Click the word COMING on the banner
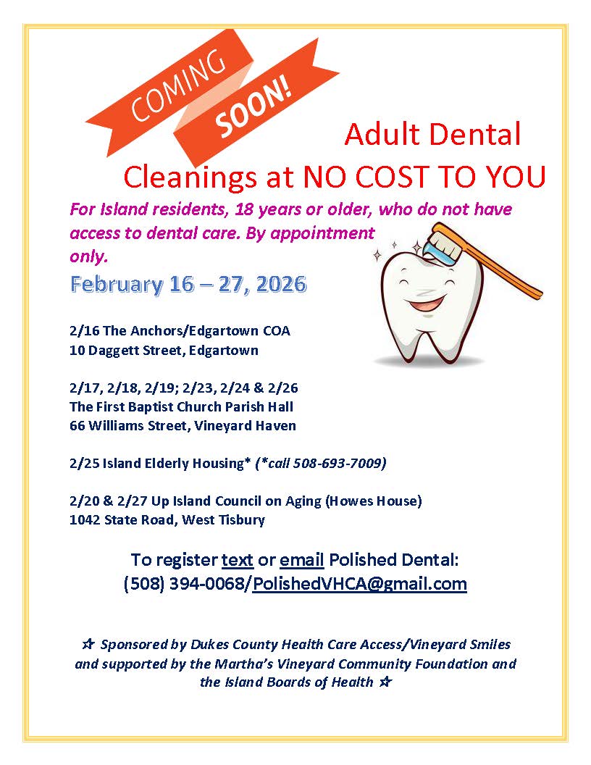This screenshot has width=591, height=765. pyautogui.click(x=177, y=86)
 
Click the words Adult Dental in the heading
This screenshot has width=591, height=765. pyautogui.click(x=433, y=135)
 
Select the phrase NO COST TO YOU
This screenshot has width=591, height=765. pyautogui.click(x=424, y=177)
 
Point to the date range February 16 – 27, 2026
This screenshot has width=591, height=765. pyautogui.click(x=189, y=284)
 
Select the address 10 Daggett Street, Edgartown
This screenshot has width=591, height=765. pyautogui.click(x=164, y=351)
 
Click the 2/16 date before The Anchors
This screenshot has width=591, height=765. pyautogui.click(x=84, y=331)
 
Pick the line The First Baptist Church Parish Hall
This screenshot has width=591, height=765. pyautogui.click(x=181, y=407)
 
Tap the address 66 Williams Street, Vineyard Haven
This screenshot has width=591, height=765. pyautogui.click(x=183, y=426)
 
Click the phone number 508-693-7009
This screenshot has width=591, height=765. pyautogui.click(x=340, y=463)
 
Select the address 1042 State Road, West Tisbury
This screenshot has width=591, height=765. pyautogui.click(x=167, y=520)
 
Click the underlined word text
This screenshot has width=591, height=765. pyautogui.click(x=238, y=559)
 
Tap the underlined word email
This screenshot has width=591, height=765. pyautogui.click(x=302, y=559)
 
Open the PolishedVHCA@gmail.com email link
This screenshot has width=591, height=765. pyautogui.click(x=360, y=583)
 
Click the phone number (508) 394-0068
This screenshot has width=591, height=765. pyautogui.click(x=187, y=583)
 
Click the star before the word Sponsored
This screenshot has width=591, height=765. pyautogui.click(x=88, y=645)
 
